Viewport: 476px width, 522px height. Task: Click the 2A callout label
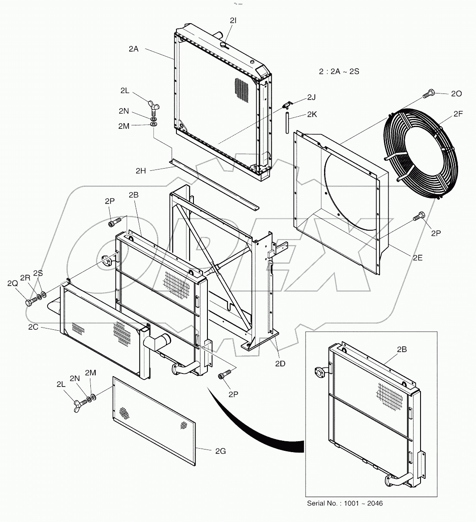[x=133, y=49]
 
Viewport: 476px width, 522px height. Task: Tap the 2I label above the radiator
[x=233, y=20]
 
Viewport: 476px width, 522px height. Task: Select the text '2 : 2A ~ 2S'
[x=338, y=71]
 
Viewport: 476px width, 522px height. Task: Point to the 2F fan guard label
[x=458, y=114]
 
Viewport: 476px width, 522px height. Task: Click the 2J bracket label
[x=311, y=97]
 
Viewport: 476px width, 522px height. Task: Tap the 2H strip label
[x=140, y=171]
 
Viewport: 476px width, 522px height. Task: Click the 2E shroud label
[x=417, y=258]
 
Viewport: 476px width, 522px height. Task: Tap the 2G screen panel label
[x=221, y=451]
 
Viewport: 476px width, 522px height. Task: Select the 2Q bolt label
[x=13, y=283]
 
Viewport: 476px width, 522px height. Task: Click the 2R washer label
[x=26, y=278]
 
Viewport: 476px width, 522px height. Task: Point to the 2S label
[x=38, y=273]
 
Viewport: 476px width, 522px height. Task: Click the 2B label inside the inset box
[x=402, y=349]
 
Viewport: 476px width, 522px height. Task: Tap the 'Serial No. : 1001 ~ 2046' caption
[x=345, y=503]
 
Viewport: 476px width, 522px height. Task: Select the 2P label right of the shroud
[x=436, y=233]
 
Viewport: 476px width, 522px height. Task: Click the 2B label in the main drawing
[x=133, y=195]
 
